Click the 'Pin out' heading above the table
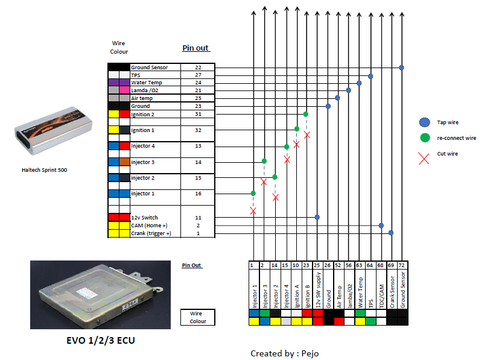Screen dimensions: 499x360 click(x=195, y=48)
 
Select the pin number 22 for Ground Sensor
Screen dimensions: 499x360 click(x=199, y=68)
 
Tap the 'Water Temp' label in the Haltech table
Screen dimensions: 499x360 click(x=147, y=83)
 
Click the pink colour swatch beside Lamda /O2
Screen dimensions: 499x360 click(x=124, y=90)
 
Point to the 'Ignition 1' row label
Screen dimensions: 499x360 click(x=142, y=130)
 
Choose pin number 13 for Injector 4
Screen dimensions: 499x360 click(x=199, y=146)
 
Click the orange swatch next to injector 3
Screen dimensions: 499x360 click(x=124, y=162)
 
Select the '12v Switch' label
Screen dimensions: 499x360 click(x=144, y=218)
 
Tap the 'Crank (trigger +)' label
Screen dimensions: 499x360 click(x=151, y=233)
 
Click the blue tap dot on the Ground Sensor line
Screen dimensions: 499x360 click(x=402, y=68)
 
